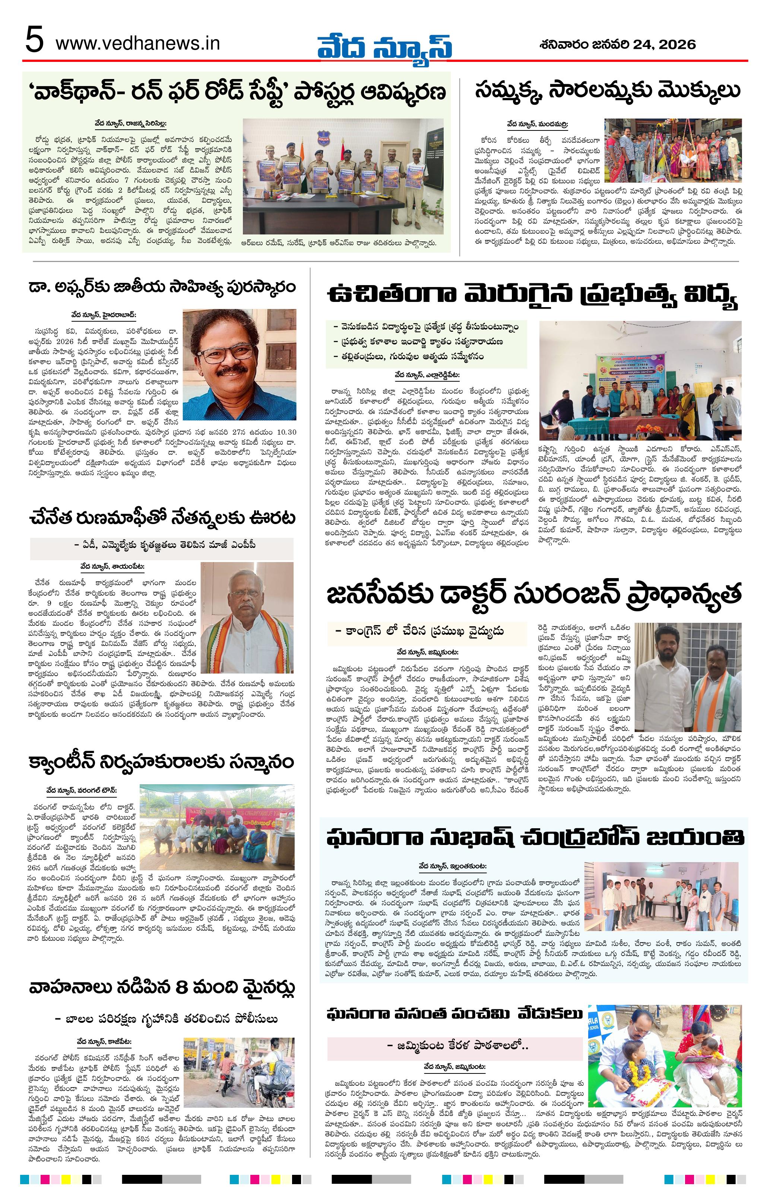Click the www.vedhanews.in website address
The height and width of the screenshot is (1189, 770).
pos(138,44)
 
